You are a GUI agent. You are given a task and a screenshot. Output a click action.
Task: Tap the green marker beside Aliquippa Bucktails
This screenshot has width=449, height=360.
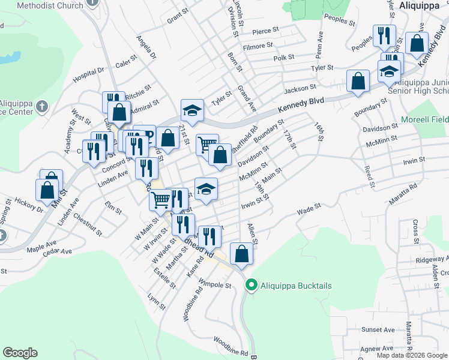click(252, 285)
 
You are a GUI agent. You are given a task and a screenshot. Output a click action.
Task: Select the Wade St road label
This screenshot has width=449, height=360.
click(309, 208)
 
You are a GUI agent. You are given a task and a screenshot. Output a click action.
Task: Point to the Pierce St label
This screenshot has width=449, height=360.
click(266, 30)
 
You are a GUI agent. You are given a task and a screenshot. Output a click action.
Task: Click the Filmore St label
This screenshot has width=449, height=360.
click(258, 45)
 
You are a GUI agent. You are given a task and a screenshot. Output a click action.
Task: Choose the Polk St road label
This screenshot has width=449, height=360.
click(283, 58)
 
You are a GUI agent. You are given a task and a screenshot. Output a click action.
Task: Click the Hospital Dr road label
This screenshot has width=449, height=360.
click(88, 75)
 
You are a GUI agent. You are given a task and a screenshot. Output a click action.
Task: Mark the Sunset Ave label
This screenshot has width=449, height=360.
click(378, 329)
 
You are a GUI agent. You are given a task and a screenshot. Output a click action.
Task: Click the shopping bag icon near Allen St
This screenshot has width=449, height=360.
click(241, 254)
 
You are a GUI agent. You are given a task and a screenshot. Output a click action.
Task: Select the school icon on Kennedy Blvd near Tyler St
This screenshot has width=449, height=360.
click(193, 110)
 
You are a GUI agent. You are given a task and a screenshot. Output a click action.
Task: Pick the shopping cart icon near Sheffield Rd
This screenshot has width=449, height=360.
click(206, 144)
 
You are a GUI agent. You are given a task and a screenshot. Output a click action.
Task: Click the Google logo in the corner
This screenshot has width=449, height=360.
click(20, 353)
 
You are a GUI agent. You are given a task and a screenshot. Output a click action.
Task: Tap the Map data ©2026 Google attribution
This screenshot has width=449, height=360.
click(412, 355)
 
